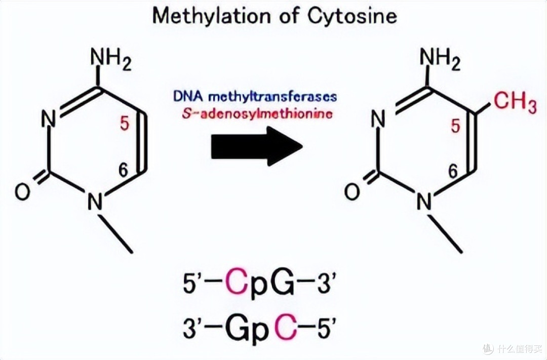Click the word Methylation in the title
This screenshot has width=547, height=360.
pyautogui.click(x=211, y=16)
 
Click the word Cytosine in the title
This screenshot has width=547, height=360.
pyautogui.click(x=352, y=16)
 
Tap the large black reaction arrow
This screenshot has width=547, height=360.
pyautogui.click(x=256, y=146)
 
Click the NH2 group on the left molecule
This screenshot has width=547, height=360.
pyautogui.click(x=111, y=59)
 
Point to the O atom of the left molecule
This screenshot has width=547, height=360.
pyautogui.click(x=23, y=192)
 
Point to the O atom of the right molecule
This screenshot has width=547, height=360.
pyautogui.click(x=352, y=191)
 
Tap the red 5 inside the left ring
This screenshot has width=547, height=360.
pyautogui.click(x=125, y=123)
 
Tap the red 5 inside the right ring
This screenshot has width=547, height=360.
pyautogui.click(x=455, y=126)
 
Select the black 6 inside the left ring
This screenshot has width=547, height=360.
pyautogui.click(x=123, y=170)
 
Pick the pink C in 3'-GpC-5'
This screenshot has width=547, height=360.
pyautogui.click(x=286, y=328)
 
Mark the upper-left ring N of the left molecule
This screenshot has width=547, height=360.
pyautogui.click(x=49, y=118)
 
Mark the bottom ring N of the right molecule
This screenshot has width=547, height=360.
pyautogui.click(x=424, y=201)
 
